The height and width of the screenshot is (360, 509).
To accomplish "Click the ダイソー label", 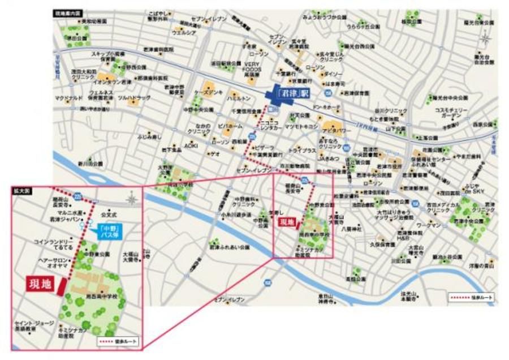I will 333,74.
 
